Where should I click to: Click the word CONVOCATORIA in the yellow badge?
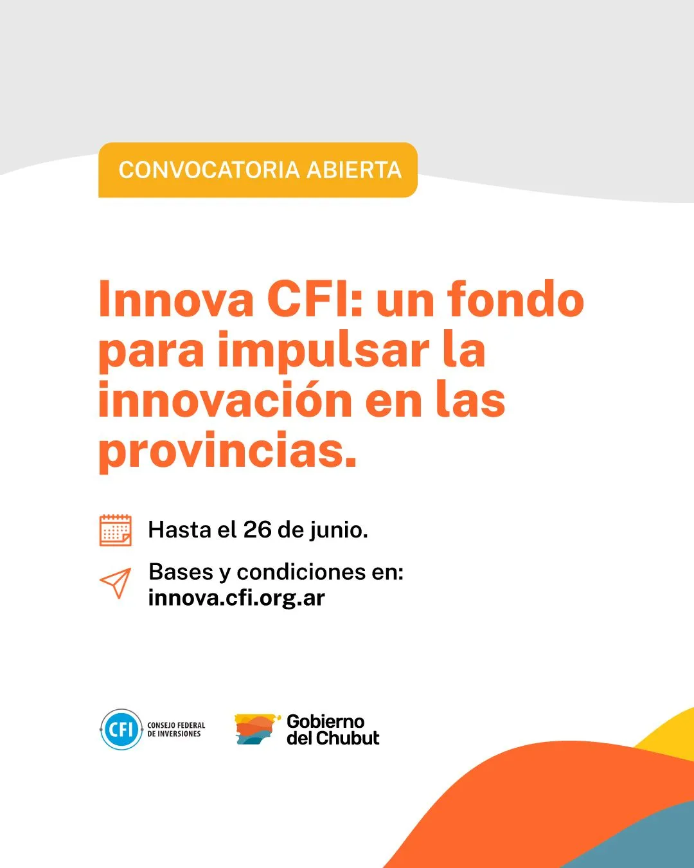point(209,170)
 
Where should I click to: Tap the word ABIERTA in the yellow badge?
point(354,170)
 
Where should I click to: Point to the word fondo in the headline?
point(515,300)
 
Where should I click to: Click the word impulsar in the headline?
point(323,351)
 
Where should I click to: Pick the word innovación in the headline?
point(225,401)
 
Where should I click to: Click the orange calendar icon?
point(116,530)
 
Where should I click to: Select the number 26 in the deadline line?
point(257,530)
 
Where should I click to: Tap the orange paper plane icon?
point(116,583)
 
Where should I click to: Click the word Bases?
point(181,572)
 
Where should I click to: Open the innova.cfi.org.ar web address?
point(236,598)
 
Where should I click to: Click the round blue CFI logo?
point(121,729)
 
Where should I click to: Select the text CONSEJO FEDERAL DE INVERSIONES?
point(176,730)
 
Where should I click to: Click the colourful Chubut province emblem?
point(257,729)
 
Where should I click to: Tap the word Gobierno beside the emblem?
point(325,721)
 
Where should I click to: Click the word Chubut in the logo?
point(348,738)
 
